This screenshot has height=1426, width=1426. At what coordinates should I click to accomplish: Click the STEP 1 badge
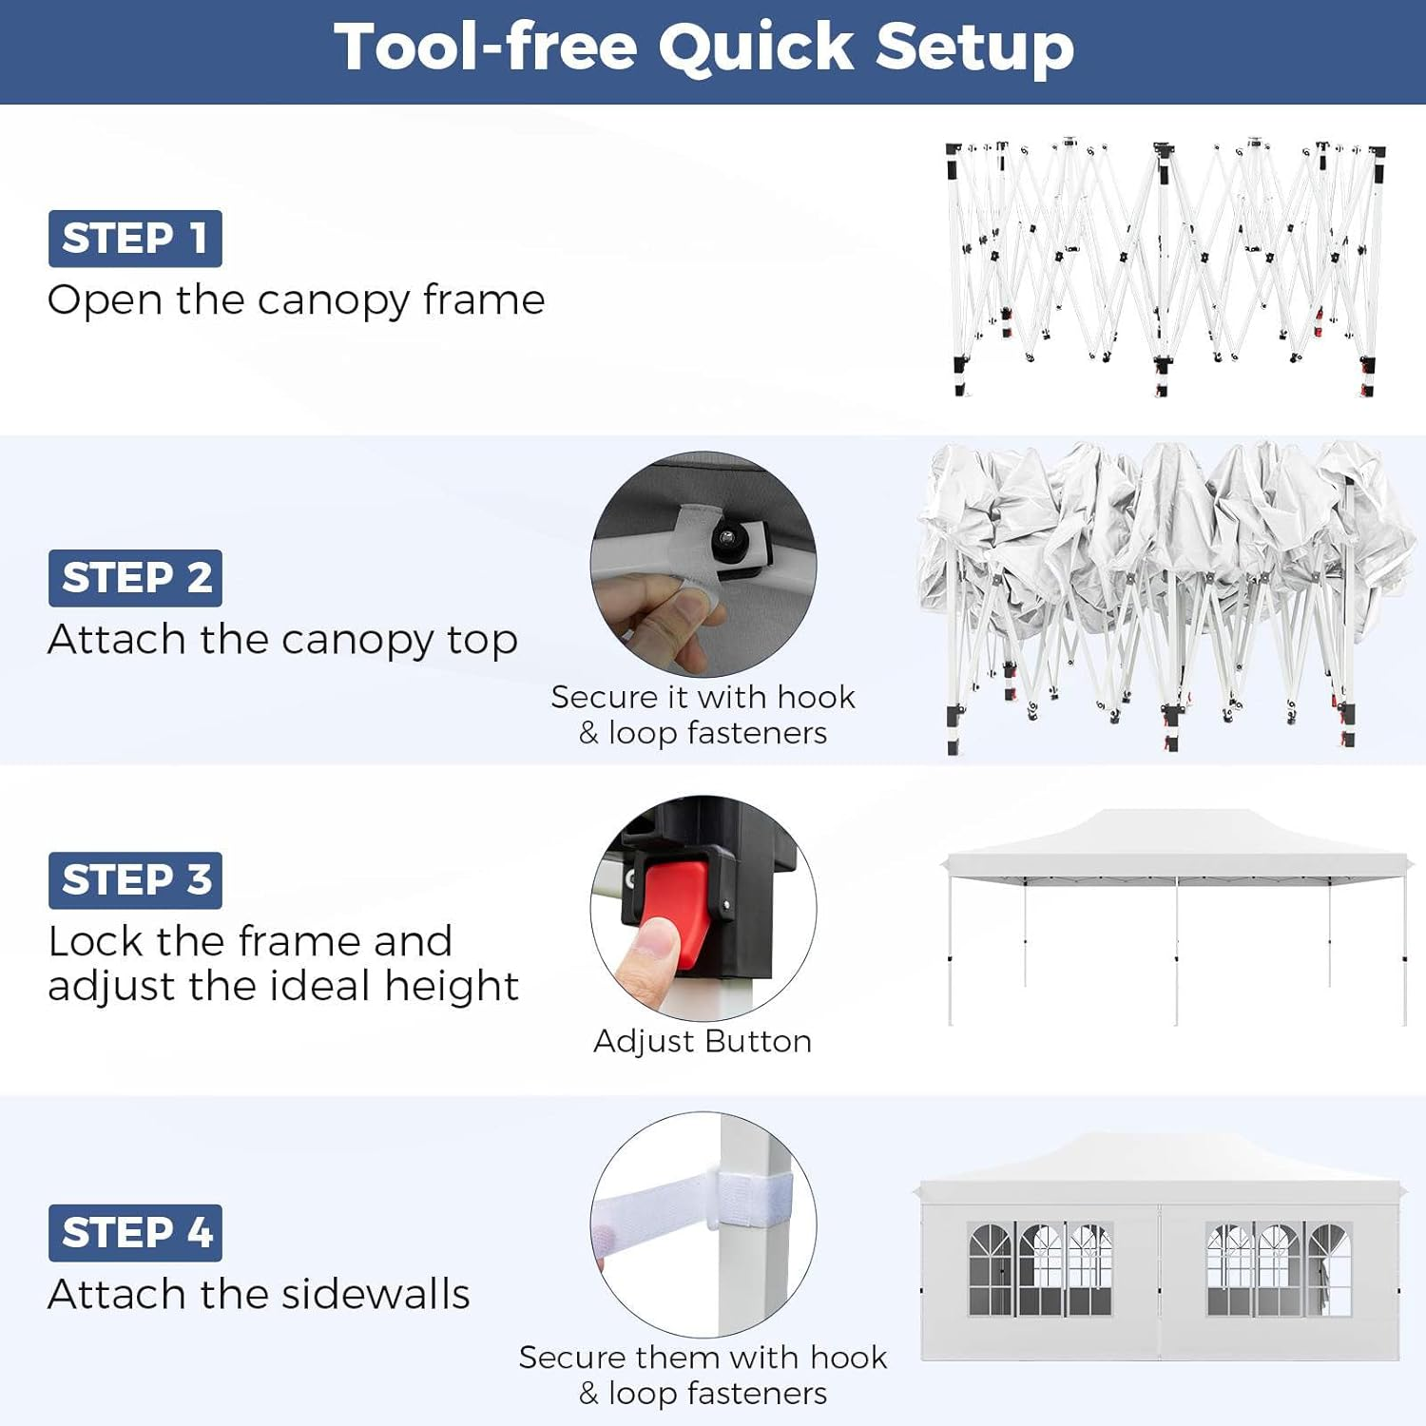[135, 239]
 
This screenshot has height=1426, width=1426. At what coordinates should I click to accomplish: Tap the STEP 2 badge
[135, 578]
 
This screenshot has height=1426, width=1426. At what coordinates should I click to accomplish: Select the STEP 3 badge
[135, 880]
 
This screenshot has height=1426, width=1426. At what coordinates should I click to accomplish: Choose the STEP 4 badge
[135, 1233]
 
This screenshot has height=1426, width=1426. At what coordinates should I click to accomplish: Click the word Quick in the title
[757, 48]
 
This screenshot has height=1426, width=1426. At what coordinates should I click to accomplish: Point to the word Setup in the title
[975, 48]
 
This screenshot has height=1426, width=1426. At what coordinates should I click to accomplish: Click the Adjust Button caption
[703, 1041]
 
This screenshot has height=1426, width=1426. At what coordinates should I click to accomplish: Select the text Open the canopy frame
[296, 301]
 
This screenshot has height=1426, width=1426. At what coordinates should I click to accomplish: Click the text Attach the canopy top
[282, 641]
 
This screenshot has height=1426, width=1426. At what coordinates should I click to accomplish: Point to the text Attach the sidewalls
[259, 1295]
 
